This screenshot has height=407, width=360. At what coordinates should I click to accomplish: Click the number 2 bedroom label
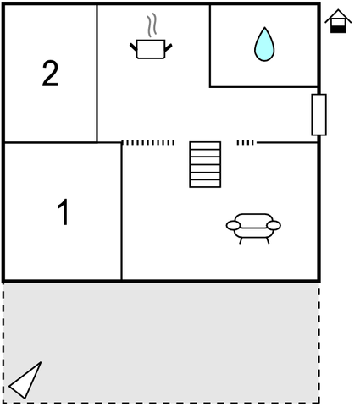click(50, 74)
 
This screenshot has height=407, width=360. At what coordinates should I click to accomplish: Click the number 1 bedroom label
click(64, 212)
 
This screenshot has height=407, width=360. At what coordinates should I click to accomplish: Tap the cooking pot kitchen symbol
click(151, 49)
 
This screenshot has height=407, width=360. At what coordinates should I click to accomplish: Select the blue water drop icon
click(264, 44)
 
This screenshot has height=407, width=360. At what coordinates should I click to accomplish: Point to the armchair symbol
click(253, 228)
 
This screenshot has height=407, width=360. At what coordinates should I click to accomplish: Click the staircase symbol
click(205, 164)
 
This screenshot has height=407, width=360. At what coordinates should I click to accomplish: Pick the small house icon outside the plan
click(338, 21)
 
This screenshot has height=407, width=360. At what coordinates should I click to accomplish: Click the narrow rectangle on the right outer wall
click(319, 115)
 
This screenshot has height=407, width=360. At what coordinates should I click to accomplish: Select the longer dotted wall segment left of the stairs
click(148, 143)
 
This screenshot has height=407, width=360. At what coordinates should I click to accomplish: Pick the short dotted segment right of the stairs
click(245, 143)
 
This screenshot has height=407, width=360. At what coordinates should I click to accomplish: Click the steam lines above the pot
click(152, 25)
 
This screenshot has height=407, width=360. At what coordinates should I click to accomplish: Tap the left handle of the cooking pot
click(134, 47)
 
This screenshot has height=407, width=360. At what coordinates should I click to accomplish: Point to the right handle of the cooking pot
click(169, 47)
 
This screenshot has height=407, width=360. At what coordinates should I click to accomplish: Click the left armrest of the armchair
click(233, 225)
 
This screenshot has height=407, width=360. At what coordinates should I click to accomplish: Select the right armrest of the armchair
click(274, 225)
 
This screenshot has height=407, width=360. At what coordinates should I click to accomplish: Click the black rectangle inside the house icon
click(338, 29)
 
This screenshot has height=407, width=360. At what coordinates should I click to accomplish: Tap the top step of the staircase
click(205, 146)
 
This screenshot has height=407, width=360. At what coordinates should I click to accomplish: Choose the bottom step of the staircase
click(205, 184)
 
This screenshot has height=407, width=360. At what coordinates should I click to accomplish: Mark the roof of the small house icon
click(338, 16)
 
